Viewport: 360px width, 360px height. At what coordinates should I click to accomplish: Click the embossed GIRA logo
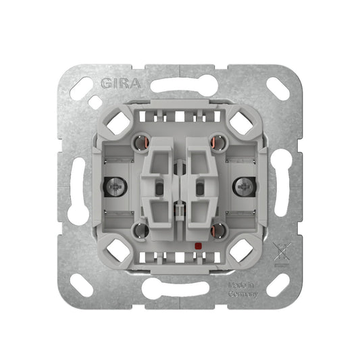point(121,83)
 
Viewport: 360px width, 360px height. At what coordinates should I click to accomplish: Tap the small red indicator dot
point(197,247)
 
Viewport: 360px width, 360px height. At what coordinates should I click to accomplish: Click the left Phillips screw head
point(117,187)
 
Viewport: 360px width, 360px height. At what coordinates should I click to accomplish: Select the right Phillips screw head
point(243,187)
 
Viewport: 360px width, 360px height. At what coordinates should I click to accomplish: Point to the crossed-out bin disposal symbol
point(282,254)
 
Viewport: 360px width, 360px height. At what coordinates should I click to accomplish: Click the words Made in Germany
point(242,290)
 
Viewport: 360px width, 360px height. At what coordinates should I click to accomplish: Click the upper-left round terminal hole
point(141,143)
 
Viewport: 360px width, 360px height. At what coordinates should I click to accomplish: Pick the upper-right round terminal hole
point(219,143)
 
